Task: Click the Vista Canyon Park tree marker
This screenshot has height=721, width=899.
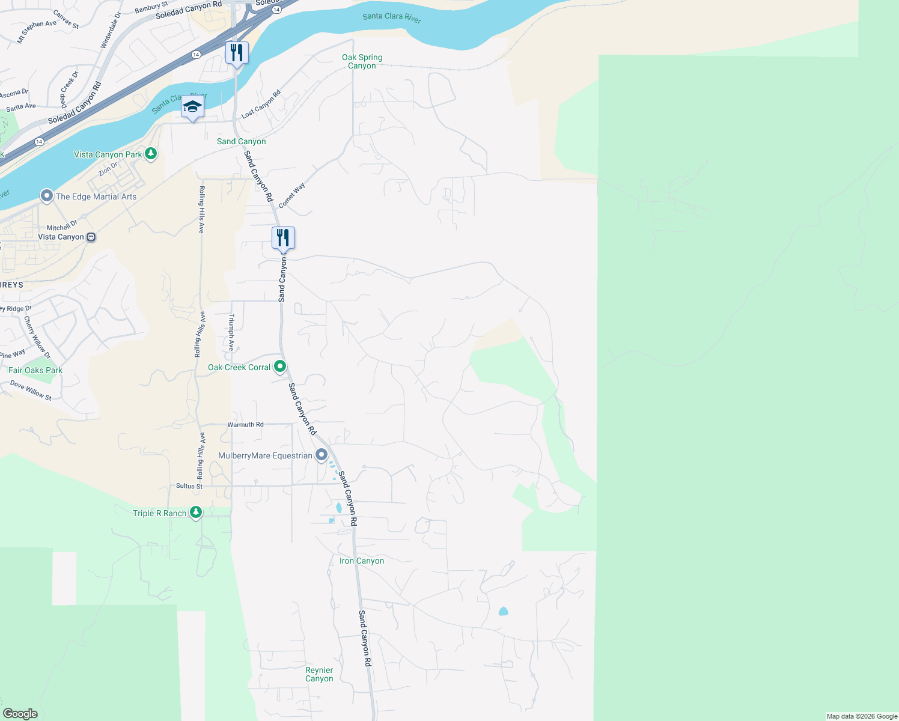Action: click(151, 154)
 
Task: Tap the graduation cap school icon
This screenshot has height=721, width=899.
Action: click(192, 107)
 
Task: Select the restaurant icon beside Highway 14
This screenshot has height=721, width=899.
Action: click(237, 53)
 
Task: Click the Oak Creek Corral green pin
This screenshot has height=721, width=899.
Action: click(280, 366)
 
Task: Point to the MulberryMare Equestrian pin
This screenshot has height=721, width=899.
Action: click(322, 455)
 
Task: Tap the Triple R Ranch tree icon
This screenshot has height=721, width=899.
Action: click(195, 513)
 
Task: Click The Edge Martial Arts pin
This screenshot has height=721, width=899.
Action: click(46, 196)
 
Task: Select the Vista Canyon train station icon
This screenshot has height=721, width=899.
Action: click(91, 237)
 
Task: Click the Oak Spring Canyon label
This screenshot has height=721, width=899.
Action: click(362, 61)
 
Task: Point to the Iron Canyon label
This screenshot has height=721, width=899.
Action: click(362, 561)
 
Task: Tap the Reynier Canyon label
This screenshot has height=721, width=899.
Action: click(319, 674)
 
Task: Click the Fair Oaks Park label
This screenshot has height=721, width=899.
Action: click(35, 370)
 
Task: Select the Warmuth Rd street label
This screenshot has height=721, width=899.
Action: click(245, 424)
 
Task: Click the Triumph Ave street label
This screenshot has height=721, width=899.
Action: click(231, 332)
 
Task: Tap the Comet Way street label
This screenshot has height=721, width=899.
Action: click(292, 195)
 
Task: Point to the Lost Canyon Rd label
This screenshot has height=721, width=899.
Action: click(261, 104)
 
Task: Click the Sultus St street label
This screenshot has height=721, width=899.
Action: click(189, 486)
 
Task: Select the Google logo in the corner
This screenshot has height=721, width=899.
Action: click(20, 714)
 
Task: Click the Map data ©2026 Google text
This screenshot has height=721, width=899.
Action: click(862, 716)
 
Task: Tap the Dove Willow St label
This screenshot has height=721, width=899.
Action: click(31, 390)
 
